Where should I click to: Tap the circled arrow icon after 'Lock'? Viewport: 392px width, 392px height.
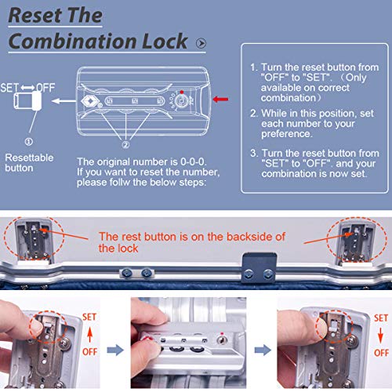click(x=201, y=43)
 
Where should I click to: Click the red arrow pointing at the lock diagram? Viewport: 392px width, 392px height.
click(x=220, y=100)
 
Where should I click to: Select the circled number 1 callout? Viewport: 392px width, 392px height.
click(x=29, y=142)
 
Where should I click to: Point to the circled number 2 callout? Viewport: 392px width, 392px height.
click(x=125, y=145)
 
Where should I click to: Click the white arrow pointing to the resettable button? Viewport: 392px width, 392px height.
click(x=64, y=101)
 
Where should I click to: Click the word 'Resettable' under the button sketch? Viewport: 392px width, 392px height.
click(x=29, y=158)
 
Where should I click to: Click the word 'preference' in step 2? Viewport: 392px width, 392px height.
click(x=285, y=134)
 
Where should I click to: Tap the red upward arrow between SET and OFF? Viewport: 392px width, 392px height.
click(x=89, y=335)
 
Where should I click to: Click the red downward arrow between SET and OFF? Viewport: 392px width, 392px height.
click(x=380, y=336)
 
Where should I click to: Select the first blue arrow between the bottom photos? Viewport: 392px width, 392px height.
click(x=115, y=350)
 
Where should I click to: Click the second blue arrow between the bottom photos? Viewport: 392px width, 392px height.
click(x=263, y=350)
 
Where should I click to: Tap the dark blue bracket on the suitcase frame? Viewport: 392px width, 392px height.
click(x=259, y=268)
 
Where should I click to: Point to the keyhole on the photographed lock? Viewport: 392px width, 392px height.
click(x=222, y=339)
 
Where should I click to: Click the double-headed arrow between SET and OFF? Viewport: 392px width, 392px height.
click(x=27, y=88)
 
